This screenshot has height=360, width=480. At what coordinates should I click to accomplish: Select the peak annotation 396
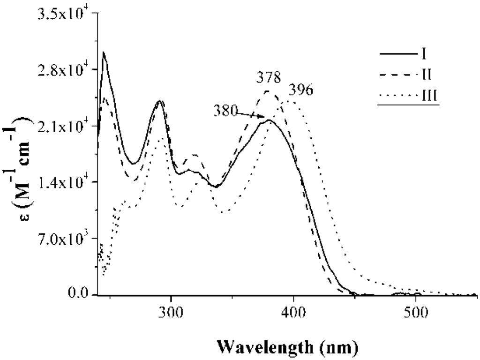302,89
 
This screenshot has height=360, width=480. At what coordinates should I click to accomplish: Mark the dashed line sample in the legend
397,75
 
